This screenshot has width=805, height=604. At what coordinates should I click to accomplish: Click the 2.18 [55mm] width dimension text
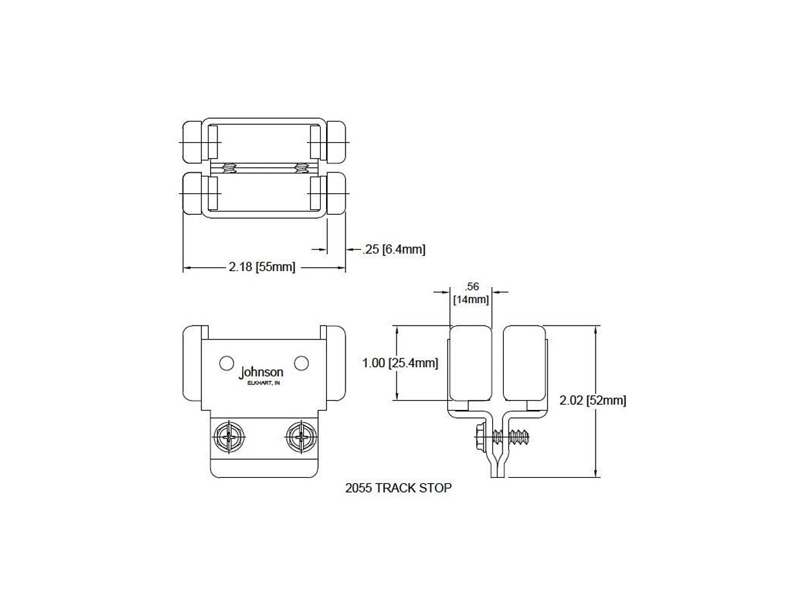(262, 267)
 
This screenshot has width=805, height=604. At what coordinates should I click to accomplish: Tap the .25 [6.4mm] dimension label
(394, 250)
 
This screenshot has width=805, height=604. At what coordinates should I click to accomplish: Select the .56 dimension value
(472, 287)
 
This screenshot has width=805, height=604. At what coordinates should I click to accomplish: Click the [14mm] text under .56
(472, 299)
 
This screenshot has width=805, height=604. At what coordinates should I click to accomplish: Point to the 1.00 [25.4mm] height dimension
(400, 363)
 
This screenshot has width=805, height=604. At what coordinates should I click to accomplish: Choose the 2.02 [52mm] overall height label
(592, 400)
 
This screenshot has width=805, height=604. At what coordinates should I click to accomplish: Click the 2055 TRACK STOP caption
(398, 488)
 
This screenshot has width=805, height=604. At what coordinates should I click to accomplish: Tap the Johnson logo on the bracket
(261, 372)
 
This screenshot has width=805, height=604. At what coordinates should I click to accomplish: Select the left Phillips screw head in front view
(229, 436)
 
